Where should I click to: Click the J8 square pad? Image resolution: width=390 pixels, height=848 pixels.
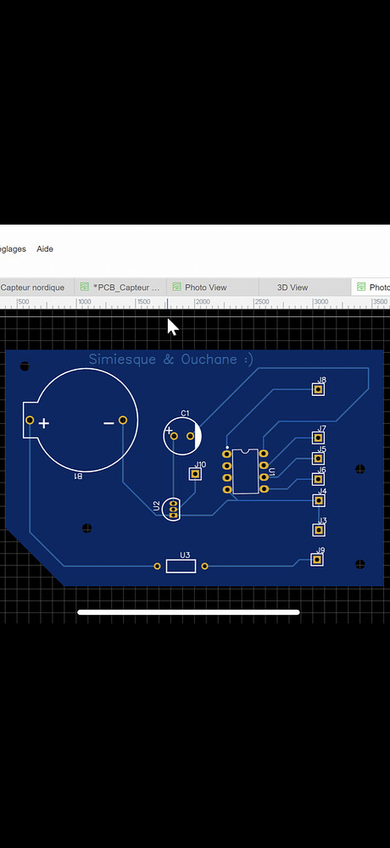pos(319,389)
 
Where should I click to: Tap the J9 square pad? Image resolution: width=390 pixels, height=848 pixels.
pos(319,561)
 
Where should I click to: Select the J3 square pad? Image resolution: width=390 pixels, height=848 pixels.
pos(319,530)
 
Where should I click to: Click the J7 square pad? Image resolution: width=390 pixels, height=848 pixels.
pos(319,438)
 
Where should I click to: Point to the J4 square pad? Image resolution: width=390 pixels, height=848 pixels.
pos(319,500)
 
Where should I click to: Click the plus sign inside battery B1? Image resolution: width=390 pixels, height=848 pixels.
pos(44,423)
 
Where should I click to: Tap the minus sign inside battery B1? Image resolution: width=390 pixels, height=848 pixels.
pos(109,422)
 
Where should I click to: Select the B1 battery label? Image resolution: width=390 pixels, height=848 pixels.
pos(78,477)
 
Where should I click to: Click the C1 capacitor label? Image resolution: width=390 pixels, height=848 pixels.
pos(185,413)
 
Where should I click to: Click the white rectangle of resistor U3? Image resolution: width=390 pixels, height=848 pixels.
pos(181,566)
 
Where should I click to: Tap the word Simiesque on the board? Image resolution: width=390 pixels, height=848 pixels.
pos(120,360)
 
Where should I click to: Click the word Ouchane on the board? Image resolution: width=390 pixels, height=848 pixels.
pos(209,360)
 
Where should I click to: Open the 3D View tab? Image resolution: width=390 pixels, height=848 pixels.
pos(292,287)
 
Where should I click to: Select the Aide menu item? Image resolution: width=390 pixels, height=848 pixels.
pos(45,249)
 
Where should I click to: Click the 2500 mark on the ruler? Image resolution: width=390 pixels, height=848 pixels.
pos(262,302)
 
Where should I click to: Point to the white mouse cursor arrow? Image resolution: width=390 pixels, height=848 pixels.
pos(172,327)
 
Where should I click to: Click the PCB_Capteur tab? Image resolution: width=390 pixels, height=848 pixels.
pos(125,287)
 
